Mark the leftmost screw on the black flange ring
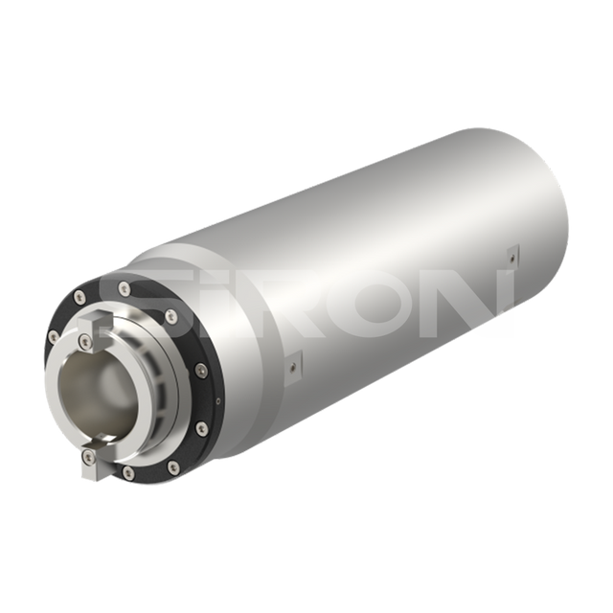[x=54, y=336]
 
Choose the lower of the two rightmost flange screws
[x=200, y=427]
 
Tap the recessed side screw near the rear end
[x=511, y=254]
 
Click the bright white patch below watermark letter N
[x=504, y=325]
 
